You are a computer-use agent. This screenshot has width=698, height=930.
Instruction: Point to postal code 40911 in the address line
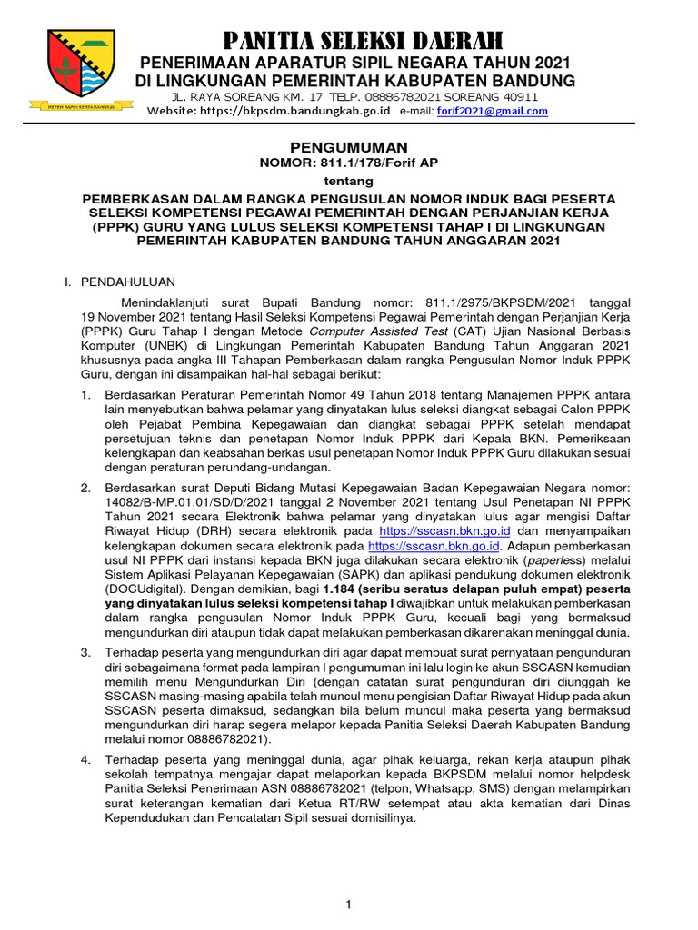[517, 96]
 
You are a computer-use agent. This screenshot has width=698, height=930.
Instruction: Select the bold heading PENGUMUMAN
[348, 147]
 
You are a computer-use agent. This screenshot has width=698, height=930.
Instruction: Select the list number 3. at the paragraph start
[85, 652]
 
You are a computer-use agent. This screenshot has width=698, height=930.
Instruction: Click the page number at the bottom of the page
[348, 905]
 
